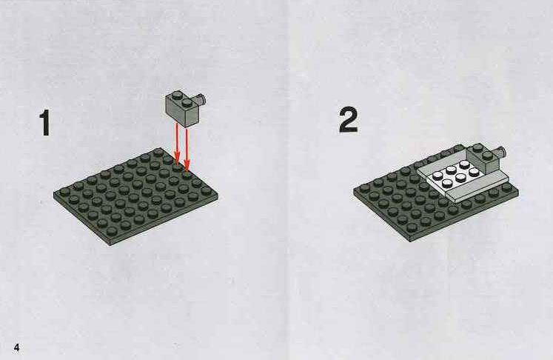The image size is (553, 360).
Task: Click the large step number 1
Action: point(45,122)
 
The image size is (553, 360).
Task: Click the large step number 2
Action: point(349,120)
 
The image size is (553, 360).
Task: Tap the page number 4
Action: point(16,347)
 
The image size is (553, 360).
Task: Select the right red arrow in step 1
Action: point(187,148)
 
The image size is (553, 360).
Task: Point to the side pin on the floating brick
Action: point(202,100)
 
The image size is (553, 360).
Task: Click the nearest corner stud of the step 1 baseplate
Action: point(112,231)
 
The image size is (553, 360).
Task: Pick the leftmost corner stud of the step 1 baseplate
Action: point(65,193)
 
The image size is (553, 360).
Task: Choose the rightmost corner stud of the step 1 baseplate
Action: point(207,190)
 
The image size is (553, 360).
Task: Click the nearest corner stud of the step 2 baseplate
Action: point(412,228)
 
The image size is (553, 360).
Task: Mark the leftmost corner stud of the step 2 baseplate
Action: point(365,188)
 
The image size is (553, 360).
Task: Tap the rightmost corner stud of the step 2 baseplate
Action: point(507,187)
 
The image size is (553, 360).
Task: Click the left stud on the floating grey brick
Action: point(178,95)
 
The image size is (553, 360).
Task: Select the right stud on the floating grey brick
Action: point(187,102)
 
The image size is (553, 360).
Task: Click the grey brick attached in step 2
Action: point(485,159)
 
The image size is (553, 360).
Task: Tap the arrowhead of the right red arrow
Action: point(187,165)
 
